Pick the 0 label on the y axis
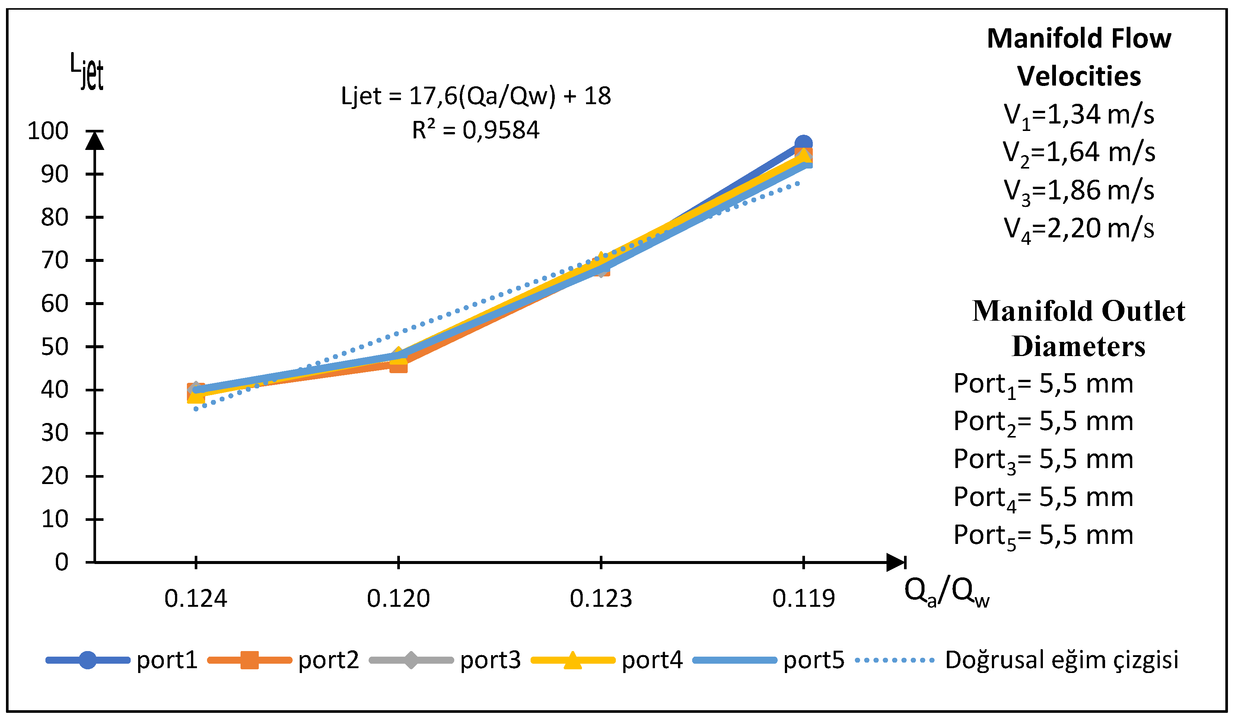61,563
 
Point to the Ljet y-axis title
87,72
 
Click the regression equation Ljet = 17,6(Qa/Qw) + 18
475,96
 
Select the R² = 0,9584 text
475,130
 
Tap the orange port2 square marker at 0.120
398,365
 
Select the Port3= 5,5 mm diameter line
1043,460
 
